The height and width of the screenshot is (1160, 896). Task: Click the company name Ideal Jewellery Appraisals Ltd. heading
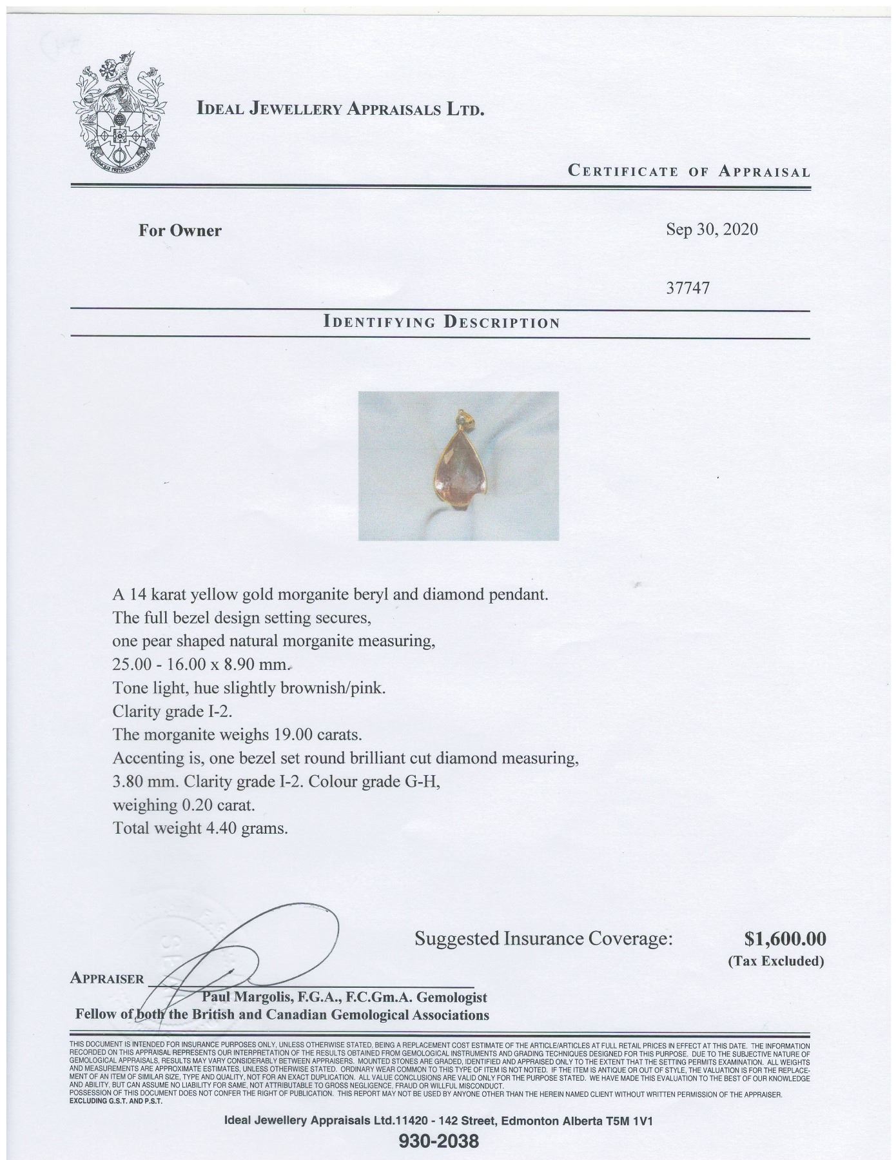tap(340, 109)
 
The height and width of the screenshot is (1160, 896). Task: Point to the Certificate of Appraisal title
tap(688, 172)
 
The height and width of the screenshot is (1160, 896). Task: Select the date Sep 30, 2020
tap(712, 230)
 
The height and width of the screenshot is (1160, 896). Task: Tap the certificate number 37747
tap(688, 288)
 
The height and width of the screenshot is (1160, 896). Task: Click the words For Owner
tap(180, 230)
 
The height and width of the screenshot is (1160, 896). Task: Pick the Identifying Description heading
tap(442, 322)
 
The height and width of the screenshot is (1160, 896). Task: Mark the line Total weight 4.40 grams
tap(200, 828)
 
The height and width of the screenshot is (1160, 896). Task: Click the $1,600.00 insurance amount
tap(784, 938)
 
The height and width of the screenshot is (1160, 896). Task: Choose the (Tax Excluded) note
tap(776, 961)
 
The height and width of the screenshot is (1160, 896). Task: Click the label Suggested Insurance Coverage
tap(543, 939)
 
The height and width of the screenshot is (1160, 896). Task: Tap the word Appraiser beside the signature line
tap(107, 978)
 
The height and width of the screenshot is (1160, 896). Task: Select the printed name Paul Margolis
tap(246, 998)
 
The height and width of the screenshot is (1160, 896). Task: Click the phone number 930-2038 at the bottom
tap(439, 1141)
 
